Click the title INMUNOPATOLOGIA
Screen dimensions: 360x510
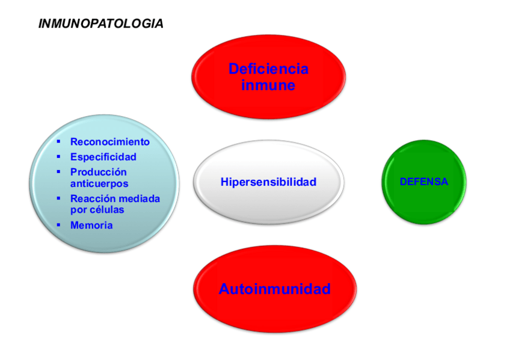pos(100,24)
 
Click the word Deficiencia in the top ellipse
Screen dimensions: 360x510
pos(268,69)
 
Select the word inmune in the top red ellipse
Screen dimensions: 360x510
pos(268,85)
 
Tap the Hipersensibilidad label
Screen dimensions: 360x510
pos(268,182)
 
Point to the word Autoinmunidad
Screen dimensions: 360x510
pos(274,289)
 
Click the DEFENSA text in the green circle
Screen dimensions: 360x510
pos(424,182)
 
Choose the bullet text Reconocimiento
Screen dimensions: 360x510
pos(109,142)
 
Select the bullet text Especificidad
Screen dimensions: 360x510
pos(103,157)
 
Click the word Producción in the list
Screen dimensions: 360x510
pos(99,172)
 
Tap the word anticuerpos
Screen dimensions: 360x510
pos(99,184)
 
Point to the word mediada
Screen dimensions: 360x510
pos(138,198)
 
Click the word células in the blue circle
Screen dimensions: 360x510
pos(107,210)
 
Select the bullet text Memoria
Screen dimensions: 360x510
pos(91,225)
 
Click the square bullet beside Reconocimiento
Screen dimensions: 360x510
pos(58,142)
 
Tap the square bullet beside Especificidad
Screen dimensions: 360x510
pos(58,156)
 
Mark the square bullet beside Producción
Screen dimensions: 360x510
pos(58,171)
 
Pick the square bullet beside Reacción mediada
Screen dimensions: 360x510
pos(58,198)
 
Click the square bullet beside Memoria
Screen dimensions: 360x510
pos(58,225)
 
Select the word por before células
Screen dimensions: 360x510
pos(79,210)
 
